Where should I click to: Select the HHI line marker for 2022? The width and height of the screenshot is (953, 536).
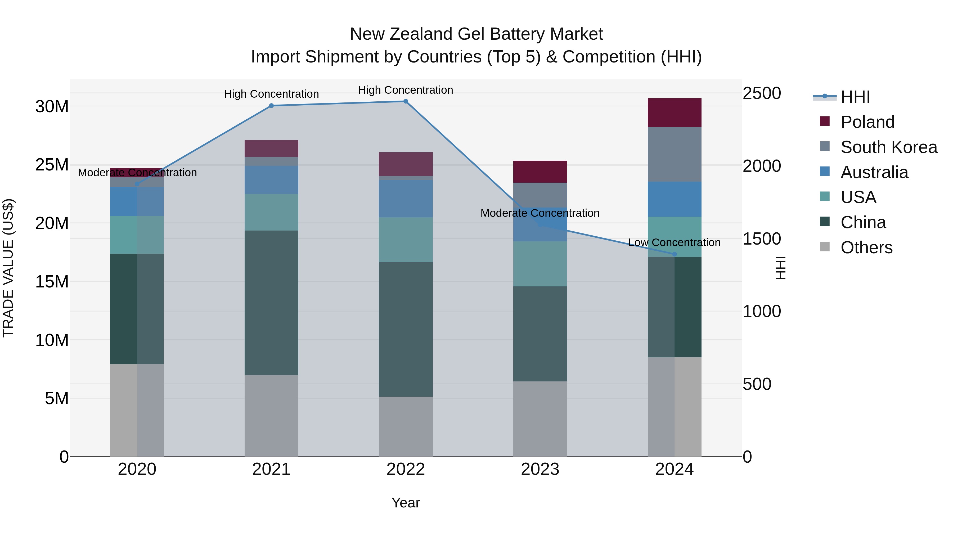tap(406, 101)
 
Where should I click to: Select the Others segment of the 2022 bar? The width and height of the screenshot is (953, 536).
tap(406, 426)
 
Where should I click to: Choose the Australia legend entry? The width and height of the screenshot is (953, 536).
tap(874, 172)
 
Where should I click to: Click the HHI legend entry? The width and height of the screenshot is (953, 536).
tap(855, 97)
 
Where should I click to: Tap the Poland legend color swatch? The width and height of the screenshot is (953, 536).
tap(825, 121)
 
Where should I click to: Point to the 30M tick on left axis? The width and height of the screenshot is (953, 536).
tap(52, 106)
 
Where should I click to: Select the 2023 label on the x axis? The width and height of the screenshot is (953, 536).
tap(540, 469)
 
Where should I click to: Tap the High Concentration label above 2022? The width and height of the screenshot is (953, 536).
tap(406, 90)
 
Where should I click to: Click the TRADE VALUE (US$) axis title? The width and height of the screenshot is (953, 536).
tap(8, 268)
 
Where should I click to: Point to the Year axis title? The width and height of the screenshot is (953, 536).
tap(406, 503)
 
